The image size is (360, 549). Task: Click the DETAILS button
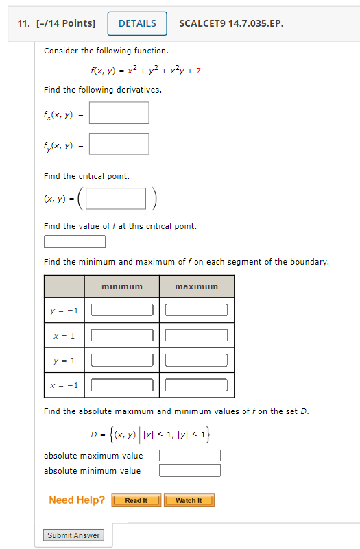pos(137,24)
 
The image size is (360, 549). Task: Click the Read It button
pos(136,500)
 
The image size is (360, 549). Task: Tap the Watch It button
pos(189,500)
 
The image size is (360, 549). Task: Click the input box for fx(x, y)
pos(119,113)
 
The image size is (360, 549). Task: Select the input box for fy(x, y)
pos(119,144)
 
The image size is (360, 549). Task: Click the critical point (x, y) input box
pos(117,199)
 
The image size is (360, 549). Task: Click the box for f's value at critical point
pos(75,241)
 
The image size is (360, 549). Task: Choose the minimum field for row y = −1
pos(122,310)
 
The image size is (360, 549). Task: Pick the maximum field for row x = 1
pos(196,335)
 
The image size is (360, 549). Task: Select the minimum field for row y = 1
pos(122,361)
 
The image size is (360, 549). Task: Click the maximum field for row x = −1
pos(196,385)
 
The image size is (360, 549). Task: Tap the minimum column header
pos(122,286)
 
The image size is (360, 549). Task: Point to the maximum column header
pos(196,286)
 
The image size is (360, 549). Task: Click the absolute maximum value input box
pos(190,456)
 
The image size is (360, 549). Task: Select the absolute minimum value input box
pos(190,470)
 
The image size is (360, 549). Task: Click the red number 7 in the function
pos(198,71)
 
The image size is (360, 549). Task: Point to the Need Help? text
pos(77,500)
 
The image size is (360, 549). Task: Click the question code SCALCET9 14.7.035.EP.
pos(230,24)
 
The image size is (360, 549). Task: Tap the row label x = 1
pos(64,336)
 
